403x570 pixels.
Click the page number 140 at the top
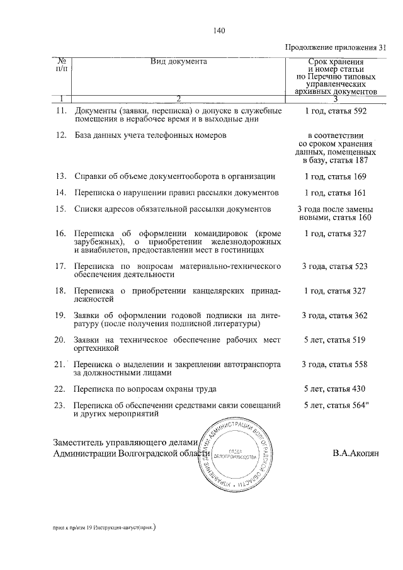(219, 31)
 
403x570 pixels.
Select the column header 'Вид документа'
(179, 62)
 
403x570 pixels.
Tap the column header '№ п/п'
(62, 65)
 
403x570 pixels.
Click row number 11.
(61, 111)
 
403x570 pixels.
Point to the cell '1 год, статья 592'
(335, 111)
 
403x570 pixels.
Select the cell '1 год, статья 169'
(335, 176)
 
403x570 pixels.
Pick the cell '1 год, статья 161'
(335, 193)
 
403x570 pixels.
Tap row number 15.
(61, 209)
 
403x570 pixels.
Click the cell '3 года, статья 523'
(335, 266)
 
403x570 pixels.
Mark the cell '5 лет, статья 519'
(335, 340)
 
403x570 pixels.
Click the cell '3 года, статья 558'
(335, 365)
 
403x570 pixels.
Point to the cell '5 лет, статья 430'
(335, 389)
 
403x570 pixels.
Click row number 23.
(61, 405)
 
